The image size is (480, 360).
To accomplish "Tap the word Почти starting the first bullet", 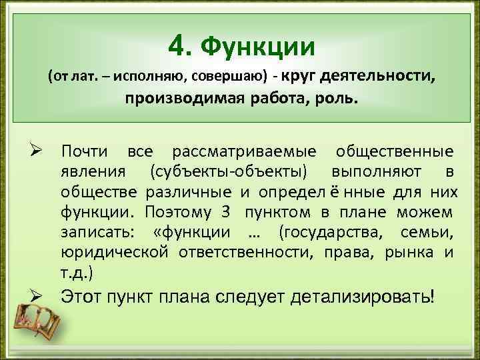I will (x=86, y=151).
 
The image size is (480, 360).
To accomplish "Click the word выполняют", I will (x=379, y=172).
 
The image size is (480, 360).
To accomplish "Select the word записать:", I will (x=96, y=233).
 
